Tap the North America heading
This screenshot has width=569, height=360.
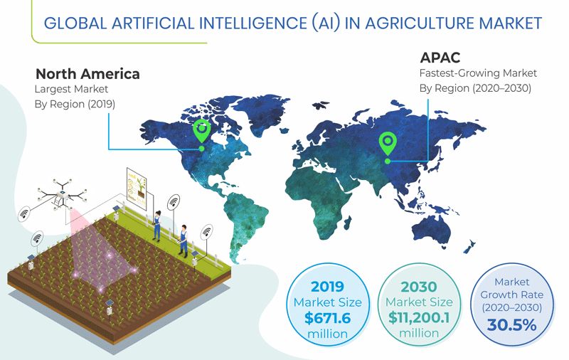click(x=87, y=74)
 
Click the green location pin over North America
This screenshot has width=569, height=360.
click(x=202, y=131)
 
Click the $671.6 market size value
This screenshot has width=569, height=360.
click(x=327, y=317)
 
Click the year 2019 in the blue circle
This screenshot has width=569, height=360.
click(x=327, y=287)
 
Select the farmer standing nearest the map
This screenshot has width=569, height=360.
click(x=184, y=239)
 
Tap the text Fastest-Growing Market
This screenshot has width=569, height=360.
click(x=477, y=73)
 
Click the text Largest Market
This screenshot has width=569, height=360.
click(x=71, y=90)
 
